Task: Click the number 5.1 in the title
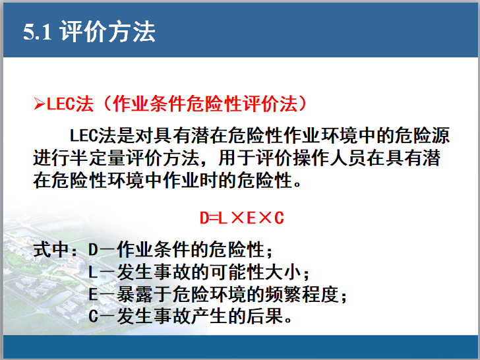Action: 37,32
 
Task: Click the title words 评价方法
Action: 107,32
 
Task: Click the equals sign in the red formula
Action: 213,217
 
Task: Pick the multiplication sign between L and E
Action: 236,217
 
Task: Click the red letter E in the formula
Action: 251,217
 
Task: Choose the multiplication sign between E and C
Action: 264,217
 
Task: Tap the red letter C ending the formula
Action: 279,217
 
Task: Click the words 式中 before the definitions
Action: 51,251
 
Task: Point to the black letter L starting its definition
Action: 92,272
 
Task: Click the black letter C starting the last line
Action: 92,316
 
